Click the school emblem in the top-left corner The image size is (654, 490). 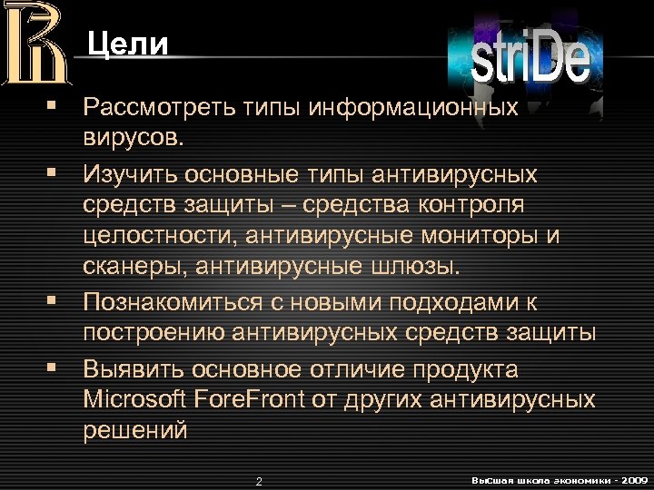coord(35,44)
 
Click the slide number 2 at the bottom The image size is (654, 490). coord(259,480)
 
